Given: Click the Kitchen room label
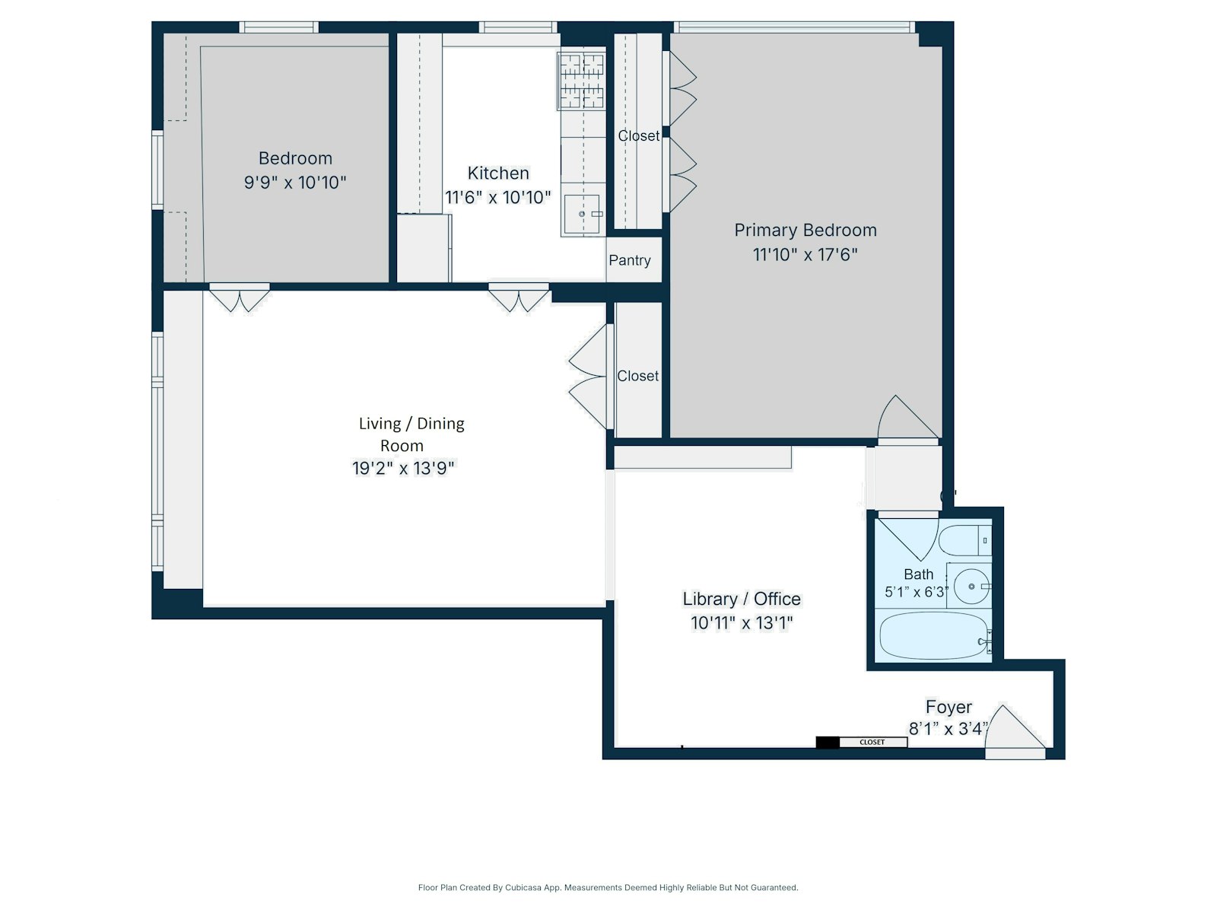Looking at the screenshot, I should [498, 173].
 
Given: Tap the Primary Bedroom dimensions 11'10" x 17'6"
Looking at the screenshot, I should [805, 254].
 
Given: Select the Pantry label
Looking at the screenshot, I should [629, 260].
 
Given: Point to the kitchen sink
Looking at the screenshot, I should [582, 215].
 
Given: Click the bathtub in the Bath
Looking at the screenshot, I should [934, 635].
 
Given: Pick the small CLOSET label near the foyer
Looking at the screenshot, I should [872, 742].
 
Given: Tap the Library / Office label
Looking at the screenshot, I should [741, 599].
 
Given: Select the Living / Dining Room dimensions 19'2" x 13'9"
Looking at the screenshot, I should [402, 468].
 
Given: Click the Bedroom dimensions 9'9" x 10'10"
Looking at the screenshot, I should [295, 183].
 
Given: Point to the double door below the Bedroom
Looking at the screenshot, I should [240, 297].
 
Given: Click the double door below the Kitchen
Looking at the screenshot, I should [519, 297].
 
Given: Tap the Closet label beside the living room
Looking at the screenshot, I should [637, 376].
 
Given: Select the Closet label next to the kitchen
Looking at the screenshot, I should [638, 135].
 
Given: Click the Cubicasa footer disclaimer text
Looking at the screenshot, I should [608, 887].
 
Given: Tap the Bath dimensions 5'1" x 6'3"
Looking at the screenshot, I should [917, 592].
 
